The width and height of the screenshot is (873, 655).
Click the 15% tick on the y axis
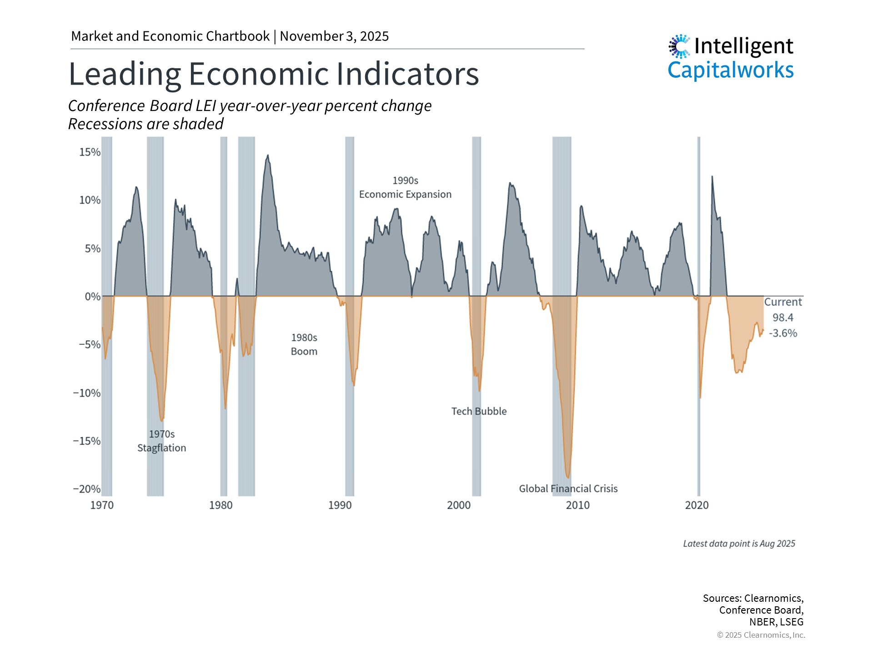tap(90, 152)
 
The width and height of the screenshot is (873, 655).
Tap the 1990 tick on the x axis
tap(340, 505)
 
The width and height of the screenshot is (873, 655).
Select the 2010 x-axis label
tap(577, 505)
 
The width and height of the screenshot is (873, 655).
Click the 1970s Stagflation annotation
tap(162, 441)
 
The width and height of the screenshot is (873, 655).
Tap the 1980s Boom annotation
tap(304, 344)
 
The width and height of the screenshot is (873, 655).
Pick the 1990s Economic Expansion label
tap(405, 187)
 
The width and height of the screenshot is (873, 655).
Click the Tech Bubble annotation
tap(479, 411)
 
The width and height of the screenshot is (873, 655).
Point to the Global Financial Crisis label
tap(568, 489)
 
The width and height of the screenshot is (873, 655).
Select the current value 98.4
tap(783, 317)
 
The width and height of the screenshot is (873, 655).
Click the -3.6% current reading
tap(783, 333)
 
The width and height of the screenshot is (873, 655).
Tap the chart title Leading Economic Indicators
tap(274, 74)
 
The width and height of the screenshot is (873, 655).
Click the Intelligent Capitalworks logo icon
tap(679, 46)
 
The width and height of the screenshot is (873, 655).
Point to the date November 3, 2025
tap(334, 36)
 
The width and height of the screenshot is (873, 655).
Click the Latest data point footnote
tap(739, 544)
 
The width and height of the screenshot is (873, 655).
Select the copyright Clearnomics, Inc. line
tap(761, 635)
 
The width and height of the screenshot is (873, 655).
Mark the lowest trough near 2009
tap(568, 478)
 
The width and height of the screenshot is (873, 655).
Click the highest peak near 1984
tap(268, 156)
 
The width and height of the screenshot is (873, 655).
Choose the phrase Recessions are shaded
tap(146, 124)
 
